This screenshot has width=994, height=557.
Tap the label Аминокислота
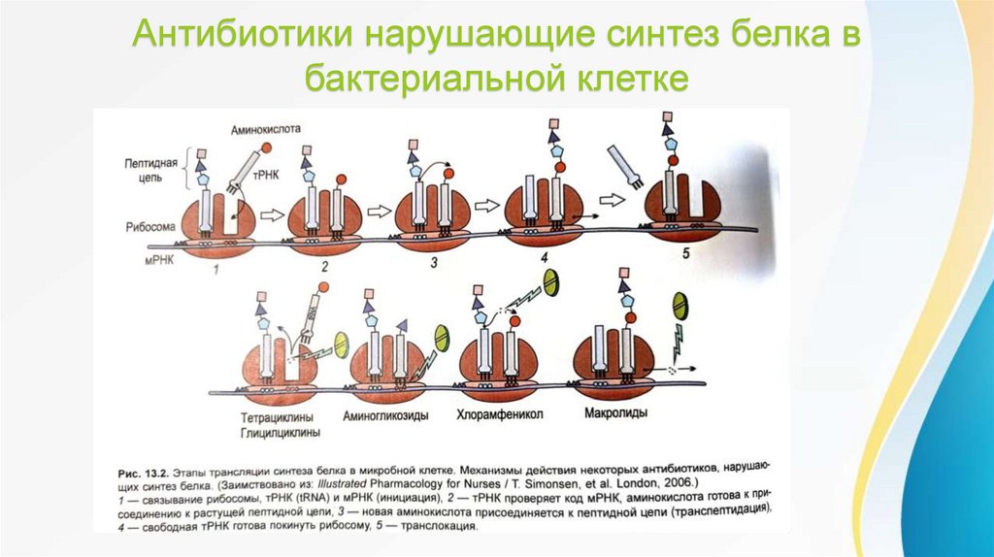(x=268, y=128)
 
